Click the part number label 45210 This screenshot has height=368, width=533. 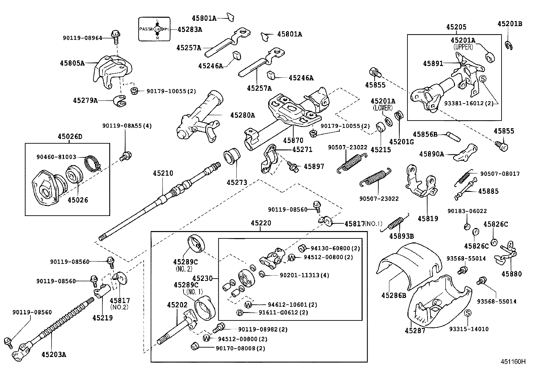click(163, 173)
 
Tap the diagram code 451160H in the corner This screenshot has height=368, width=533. click(513, 362)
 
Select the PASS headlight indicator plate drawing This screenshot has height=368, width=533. click(154, 29)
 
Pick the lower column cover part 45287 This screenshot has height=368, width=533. click(439, 301)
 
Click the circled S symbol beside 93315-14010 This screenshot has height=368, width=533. click(468, 313)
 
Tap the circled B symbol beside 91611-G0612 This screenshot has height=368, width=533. click(240, 313)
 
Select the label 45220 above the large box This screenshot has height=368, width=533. click(261, 223)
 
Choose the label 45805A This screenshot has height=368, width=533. click(72, 63)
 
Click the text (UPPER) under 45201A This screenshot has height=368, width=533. click(463, 48)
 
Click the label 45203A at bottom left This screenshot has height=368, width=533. click(54, 354)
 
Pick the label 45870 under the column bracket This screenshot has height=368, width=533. click(293, 140)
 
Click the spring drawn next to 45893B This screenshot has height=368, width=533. click(398, 221)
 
